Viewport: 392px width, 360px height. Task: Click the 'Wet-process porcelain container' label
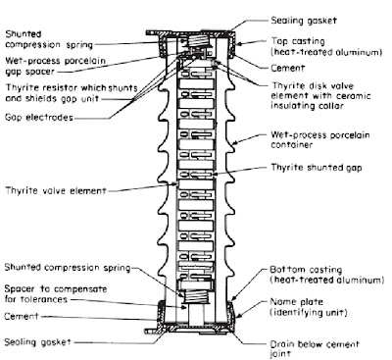point(320,139)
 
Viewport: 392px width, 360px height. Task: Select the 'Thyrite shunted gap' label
point(317,168)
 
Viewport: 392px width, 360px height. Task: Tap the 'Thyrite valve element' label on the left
point(56,190)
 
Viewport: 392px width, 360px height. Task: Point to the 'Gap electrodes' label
point(39,117)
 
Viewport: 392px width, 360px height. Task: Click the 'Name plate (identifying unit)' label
point(308,307)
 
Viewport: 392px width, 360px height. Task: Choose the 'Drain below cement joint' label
point(315,349)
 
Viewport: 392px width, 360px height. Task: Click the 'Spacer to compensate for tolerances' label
point(56,294)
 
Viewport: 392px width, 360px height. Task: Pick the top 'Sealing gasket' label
point(304,21)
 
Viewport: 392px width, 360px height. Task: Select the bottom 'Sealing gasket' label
point(37,342)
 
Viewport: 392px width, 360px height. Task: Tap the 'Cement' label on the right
point(287,68)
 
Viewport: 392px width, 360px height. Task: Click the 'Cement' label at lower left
point(22,316)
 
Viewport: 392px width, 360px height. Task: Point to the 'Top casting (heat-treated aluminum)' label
point(326,46)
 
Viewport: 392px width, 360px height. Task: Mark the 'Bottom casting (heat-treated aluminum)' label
point(326,275)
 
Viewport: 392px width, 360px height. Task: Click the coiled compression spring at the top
point(197,42)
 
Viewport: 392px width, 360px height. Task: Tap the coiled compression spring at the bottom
point(195,298)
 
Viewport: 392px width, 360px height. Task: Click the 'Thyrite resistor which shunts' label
point(72,87)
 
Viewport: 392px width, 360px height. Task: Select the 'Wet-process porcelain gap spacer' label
point(56,66)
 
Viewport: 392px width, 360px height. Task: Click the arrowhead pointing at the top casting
point(238,44)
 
